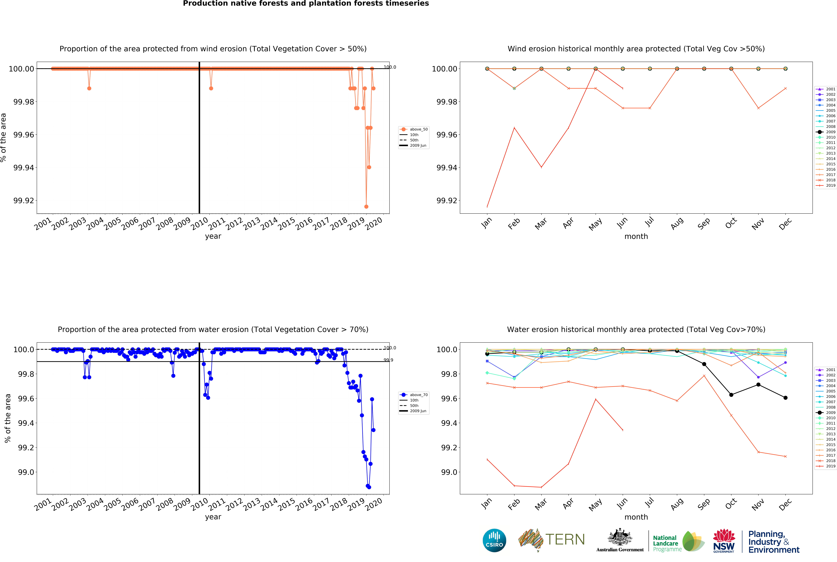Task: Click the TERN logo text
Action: (565, 539)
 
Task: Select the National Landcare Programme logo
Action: (678, 541)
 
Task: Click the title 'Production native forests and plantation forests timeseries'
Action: (306, 4)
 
